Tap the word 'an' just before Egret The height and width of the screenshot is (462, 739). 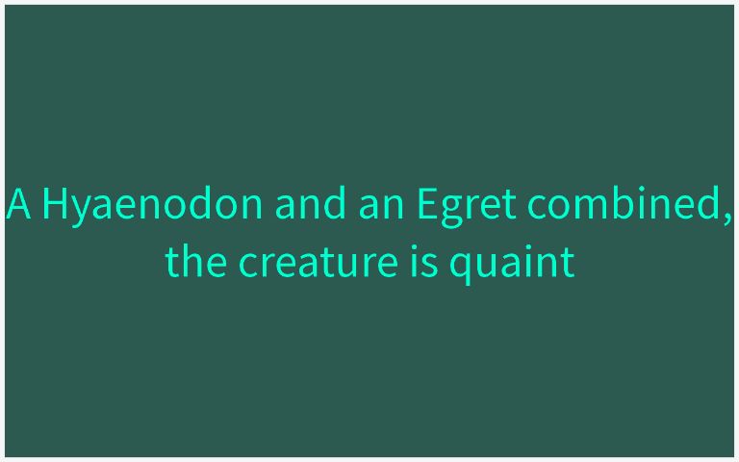pos(377,205)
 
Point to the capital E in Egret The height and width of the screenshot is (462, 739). pos(427,205)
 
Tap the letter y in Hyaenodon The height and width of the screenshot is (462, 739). pos(82,210)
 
